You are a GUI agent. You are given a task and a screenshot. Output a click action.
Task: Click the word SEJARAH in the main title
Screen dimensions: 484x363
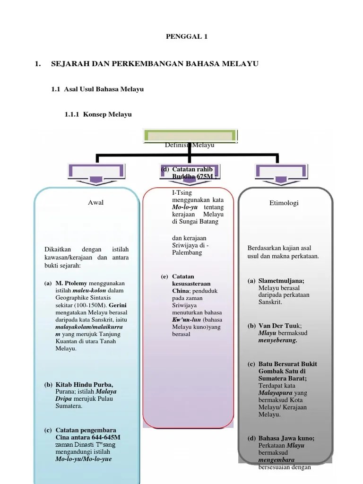[x=70, y=63]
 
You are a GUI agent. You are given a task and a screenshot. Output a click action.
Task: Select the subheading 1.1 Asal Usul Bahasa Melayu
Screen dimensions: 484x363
[x=97, y=89]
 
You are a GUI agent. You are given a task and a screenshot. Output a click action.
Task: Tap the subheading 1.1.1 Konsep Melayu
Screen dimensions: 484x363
[x=98, y=114]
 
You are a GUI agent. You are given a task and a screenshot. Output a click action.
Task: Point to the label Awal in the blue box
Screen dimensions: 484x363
[x=95, y=203]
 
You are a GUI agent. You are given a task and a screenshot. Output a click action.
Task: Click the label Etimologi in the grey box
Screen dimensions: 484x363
[x=284, y=203]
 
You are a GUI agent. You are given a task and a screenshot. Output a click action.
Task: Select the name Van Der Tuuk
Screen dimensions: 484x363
[x=279, y=326]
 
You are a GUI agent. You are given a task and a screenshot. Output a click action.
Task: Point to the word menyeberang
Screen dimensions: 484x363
[x=277, y=340]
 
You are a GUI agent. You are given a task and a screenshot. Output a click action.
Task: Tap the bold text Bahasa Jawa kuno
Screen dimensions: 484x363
[x=286, y=438]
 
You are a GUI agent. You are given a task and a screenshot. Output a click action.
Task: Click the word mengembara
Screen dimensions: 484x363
[x=277, y=460]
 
